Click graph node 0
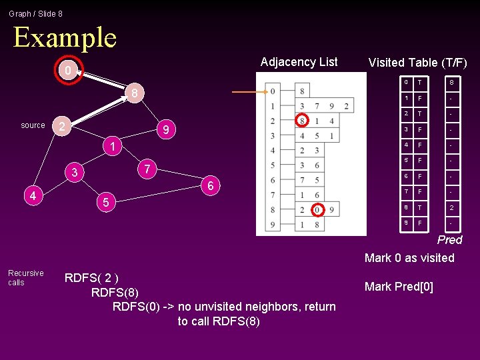click(x=67, y=70)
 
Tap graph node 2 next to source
click(x=61, y=126)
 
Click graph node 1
click(x=113, y=146)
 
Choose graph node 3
click(x=75, y=173)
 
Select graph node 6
click(x=210, y=186)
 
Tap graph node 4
click(x=33, y=195)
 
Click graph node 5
click(x=105, y=201)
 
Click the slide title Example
click(x=65, y=37)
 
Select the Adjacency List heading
click(x=299, y=62)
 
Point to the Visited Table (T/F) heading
click(x=417, y=63)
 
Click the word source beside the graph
click(x=33, y=125)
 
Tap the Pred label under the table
click(x=449, y=240)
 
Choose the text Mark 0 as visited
click(x=409, y=258)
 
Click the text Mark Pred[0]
click(x=399, y=287)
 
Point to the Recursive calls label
click(x=25, y=278)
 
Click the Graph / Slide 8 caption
click(x=35, y=13)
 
